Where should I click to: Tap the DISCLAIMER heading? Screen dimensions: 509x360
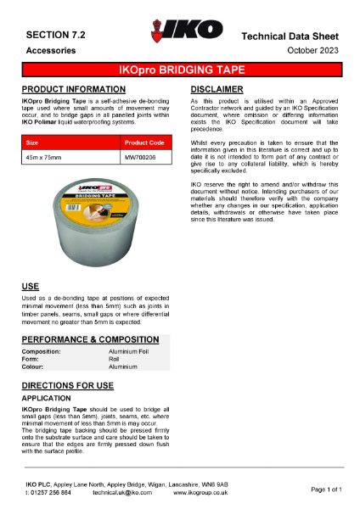click(217, 89)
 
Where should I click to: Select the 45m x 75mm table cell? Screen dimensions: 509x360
click(44, 158)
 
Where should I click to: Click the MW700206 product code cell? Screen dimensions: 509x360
click(141, 158)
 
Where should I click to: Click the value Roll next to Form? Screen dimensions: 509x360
click(115, 359)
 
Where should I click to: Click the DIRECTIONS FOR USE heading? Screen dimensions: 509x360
click(67, 385)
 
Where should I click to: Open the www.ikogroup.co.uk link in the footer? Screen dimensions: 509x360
click(200, 492)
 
